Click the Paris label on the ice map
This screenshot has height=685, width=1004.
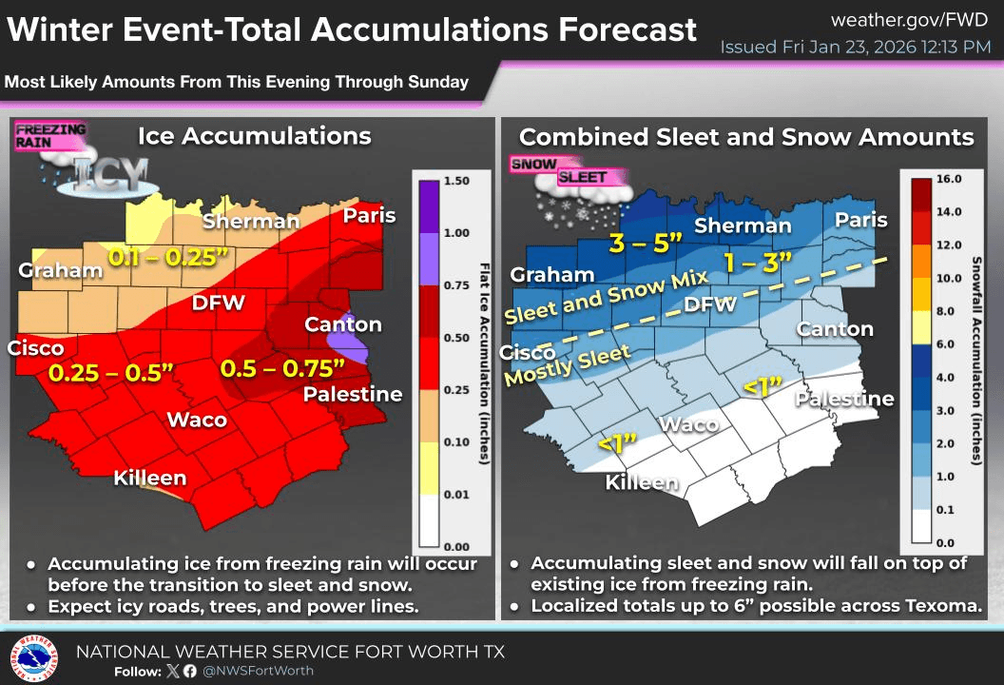(369, 215)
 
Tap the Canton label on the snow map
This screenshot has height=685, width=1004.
(834, 329)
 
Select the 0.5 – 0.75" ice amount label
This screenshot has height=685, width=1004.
(282, 367)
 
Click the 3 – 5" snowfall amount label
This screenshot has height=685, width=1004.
(647, 243)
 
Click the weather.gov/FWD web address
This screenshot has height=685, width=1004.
(910, 20)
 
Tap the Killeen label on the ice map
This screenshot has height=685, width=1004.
(149, 478)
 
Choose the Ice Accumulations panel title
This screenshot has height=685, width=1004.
(254, 136)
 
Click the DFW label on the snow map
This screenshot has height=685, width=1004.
(710, 304)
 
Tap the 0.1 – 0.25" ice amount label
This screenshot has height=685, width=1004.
(168, 257)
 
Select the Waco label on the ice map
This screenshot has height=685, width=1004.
(197, 420)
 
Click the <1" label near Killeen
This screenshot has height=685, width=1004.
(616, 443)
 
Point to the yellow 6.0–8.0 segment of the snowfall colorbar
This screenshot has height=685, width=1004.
(920, 327)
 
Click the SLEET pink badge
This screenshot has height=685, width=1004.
(582, 177)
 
